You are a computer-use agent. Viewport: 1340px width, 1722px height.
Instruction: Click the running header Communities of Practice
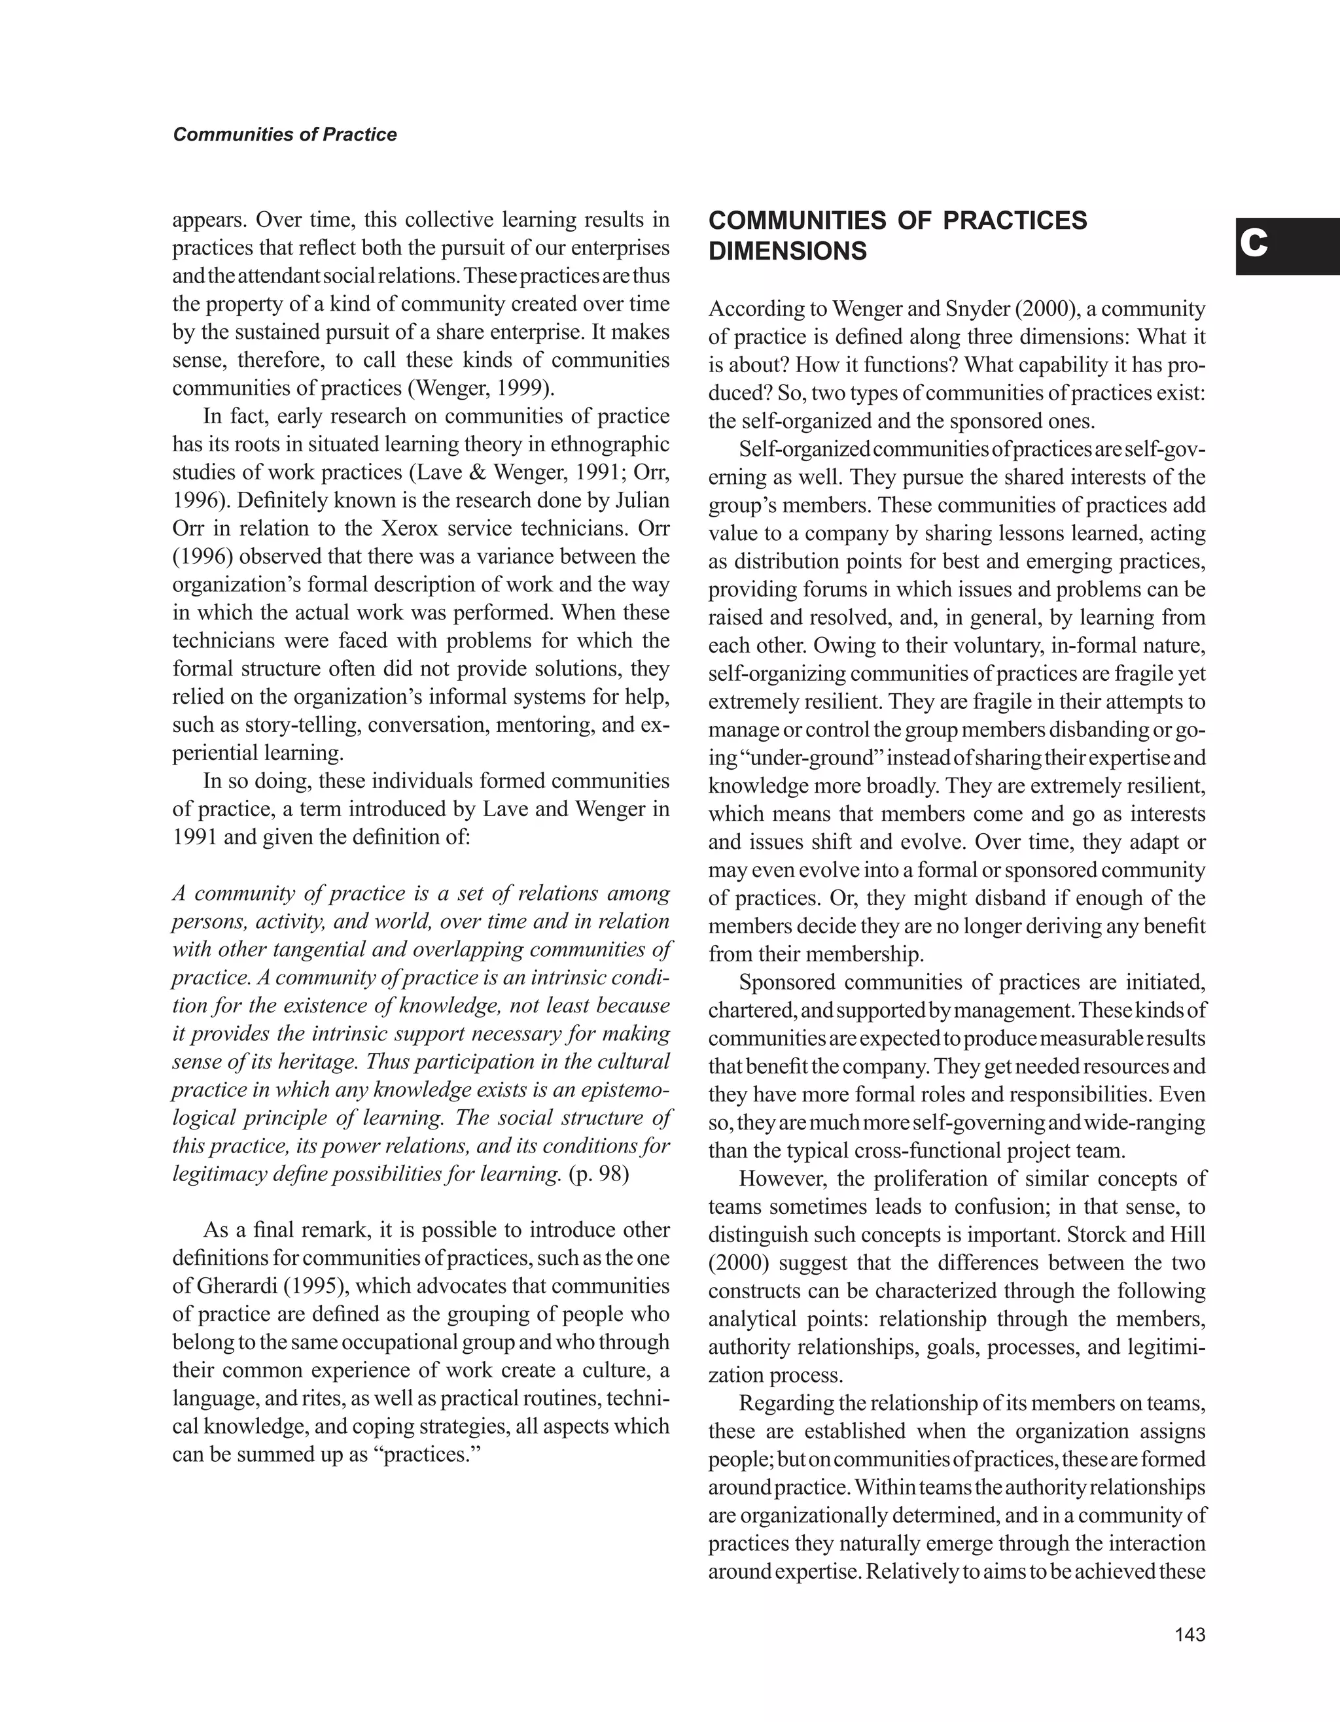click(285, 135)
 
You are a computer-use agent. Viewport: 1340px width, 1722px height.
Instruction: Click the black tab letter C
click(1253, 245)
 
